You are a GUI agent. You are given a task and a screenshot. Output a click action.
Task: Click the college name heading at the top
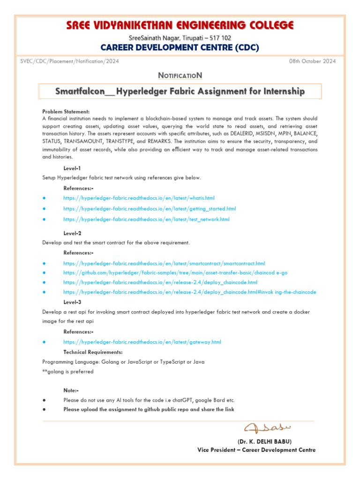pos(180,25)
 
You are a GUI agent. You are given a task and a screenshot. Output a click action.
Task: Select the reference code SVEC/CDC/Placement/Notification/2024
pos(69,61)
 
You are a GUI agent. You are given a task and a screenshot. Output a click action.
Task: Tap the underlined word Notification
pos(180,75)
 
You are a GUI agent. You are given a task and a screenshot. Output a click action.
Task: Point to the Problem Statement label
pos(66,112)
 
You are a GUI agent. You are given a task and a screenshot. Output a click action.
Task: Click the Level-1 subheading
pos(72,168)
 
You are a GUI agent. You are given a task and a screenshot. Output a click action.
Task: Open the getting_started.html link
pos(150,209)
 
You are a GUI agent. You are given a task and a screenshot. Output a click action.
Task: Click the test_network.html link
pos(146,219)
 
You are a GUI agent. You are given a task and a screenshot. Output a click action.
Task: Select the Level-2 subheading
pos(72,233)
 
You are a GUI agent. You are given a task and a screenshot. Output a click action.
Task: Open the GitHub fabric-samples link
pos(175,273)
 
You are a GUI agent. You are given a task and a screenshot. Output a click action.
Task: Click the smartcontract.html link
pos(164,263)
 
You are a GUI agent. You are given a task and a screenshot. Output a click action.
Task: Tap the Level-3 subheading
pos(72,302)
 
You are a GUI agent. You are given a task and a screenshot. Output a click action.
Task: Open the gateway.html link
pos(142,342)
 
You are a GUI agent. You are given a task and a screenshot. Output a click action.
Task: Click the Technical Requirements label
pos(93,352)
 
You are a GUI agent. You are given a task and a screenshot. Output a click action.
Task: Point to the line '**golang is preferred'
pos(67,372)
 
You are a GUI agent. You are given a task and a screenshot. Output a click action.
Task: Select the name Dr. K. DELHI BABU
pos(264,442)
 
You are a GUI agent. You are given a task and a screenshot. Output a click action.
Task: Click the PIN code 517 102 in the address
pos(219,38)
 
